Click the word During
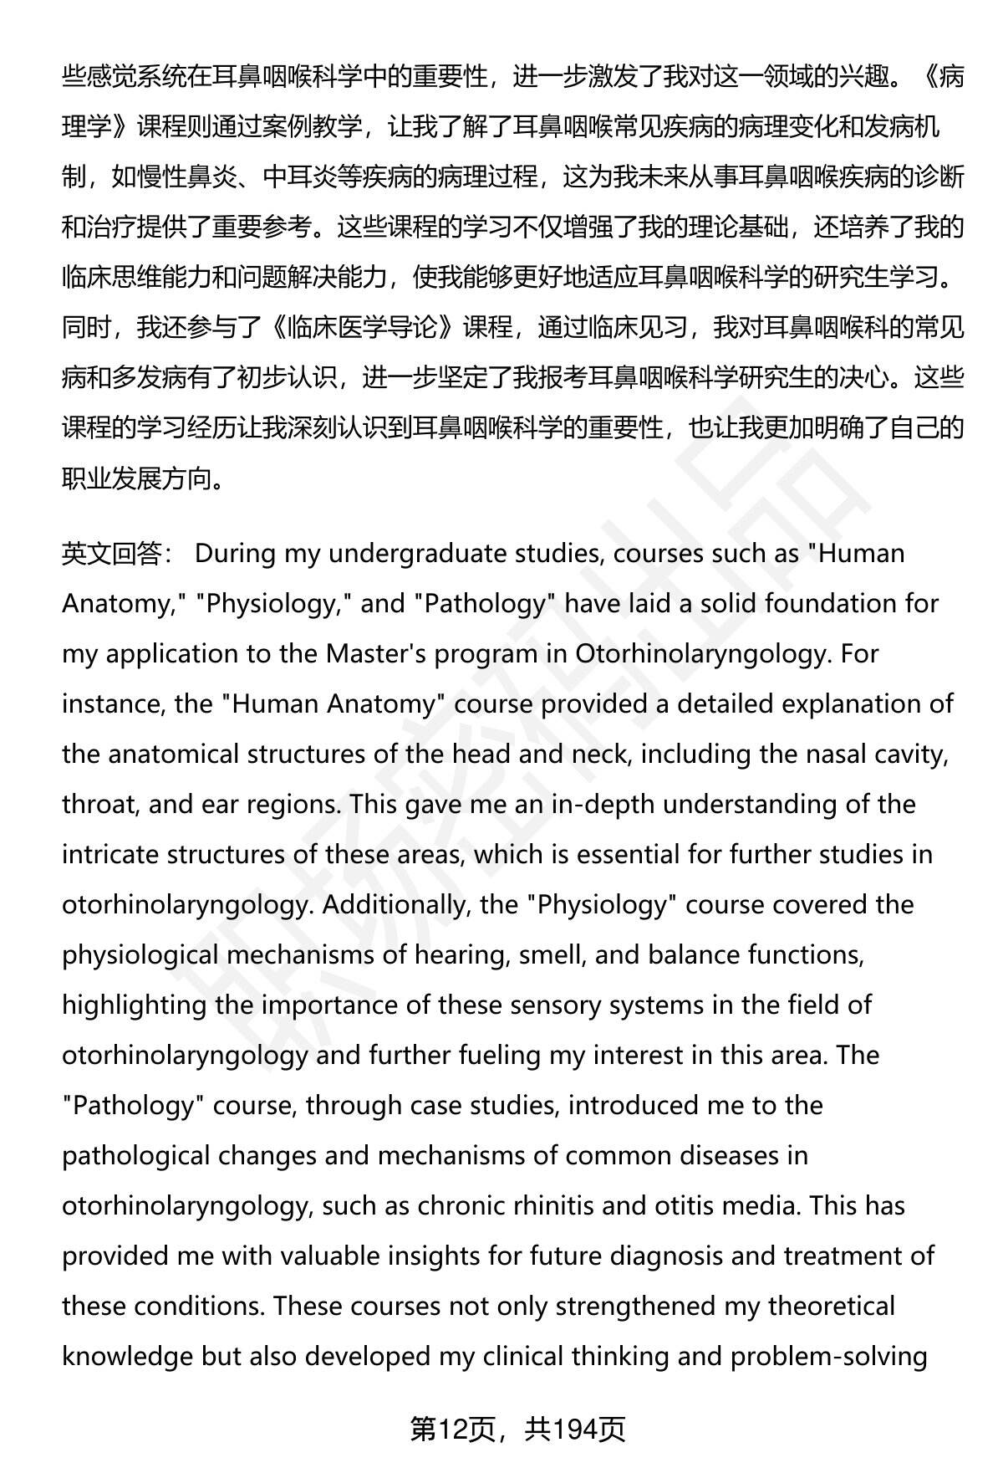point(235,554)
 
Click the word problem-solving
point(828,1357)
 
